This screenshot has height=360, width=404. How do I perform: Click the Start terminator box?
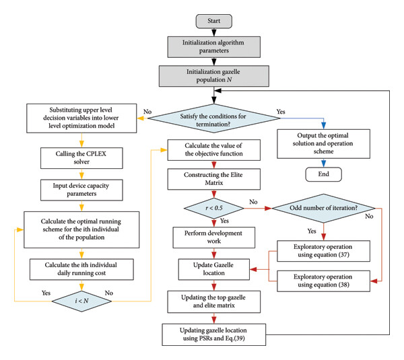click(214, 21)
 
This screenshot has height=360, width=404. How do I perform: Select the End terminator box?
click(324, 174)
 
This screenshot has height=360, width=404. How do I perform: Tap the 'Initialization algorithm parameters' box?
click(214, 47)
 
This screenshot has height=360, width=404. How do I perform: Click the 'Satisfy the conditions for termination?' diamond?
click(214, 118)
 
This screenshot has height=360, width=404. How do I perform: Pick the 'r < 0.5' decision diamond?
click(214, 208)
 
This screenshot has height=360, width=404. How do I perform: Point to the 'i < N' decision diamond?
click(81, 301)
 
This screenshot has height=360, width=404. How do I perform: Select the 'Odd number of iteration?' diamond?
click(324, 208)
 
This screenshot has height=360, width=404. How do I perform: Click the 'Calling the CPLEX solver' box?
click(81, 158)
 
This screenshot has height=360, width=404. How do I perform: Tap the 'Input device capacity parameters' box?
click(81, 190)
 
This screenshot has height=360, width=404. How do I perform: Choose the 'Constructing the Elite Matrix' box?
click(214, 179)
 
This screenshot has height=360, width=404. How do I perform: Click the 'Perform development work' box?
click(214, 238)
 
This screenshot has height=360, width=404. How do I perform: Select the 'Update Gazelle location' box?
click(214, 269)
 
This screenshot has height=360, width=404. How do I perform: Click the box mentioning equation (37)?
click(324, 251)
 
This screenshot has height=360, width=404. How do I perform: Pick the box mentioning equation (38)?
click(324, 281)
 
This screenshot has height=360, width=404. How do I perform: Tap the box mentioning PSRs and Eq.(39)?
click(214, 334)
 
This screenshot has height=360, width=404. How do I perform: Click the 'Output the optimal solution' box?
click(324, 144)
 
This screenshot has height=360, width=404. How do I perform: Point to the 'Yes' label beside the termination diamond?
click(281, 112)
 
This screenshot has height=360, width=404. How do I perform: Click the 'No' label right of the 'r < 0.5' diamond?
click(253, 202)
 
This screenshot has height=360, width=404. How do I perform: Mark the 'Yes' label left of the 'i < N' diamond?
click(46, 293)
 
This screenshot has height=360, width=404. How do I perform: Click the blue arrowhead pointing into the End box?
click(324, 164)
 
